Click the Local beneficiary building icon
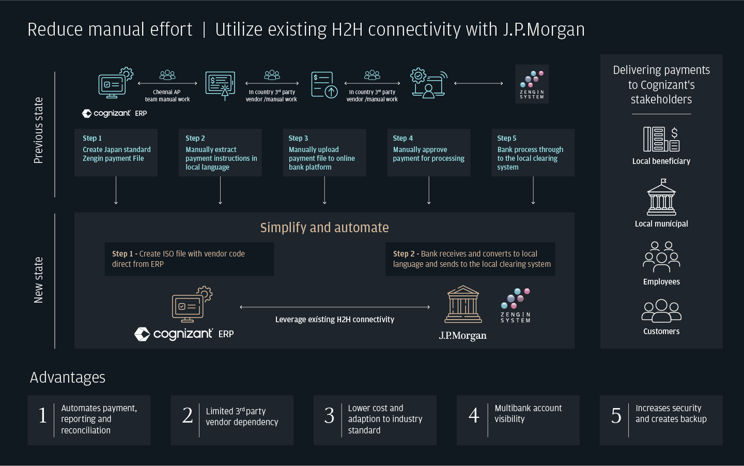661,139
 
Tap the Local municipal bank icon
661,197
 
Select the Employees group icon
661,257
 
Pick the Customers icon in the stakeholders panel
661,311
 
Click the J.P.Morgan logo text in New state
463,336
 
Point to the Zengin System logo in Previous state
532,84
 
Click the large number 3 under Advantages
329,415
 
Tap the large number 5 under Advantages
616,415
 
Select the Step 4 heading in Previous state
402,138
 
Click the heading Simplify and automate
324,228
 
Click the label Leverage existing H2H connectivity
335,320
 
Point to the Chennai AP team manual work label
167,95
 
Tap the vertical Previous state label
39,130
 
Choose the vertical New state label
39,280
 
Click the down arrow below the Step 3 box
324,190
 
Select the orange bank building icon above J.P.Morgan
463,304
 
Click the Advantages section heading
67,378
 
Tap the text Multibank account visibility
528,413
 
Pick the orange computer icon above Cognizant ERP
192,304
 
